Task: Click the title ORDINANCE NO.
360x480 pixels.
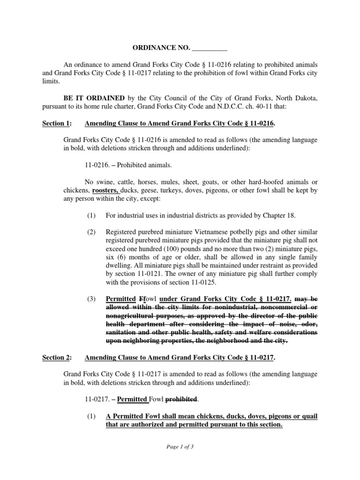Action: pos(157,48)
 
